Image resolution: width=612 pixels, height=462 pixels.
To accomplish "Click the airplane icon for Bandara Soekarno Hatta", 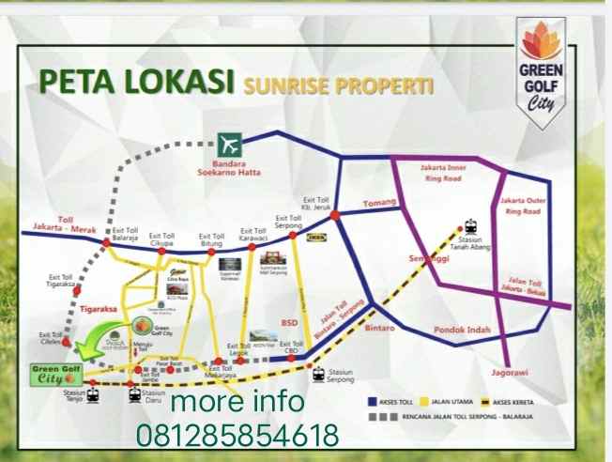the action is click(229, 145).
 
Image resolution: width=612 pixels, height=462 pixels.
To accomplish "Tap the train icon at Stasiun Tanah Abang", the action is click(468, 227).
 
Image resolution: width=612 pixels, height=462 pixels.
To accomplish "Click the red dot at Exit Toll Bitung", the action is click(212, 252).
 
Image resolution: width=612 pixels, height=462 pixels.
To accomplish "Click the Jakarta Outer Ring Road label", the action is click(521, 206).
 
